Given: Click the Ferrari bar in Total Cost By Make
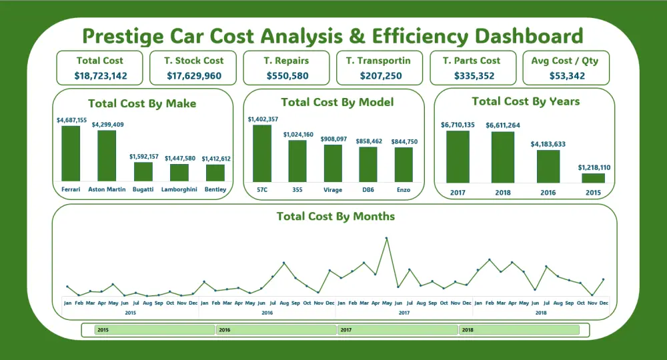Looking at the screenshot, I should pos(71,153).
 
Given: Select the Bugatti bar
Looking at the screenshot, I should pos(143,171).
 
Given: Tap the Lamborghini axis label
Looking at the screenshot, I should pos(179,189).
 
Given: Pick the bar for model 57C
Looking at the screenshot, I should pos(262,153).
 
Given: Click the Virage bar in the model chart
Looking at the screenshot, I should pos(333,163).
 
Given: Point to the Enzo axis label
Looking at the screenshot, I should pos(404,190).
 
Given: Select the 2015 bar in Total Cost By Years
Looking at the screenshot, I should pos(594,178).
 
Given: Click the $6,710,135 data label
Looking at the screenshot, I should pos(458,125).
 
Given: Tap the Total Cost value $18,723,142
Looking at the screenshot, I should pos(100,76).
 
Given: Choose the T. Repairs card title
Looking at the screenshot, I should pos(287,61).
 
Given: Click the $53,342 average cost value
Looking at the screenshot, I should pos(567,76).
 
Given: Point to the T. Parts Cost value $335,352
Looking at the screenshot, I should pos(474,76).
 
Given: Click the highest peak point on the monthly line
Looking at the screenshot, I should pos(386,238).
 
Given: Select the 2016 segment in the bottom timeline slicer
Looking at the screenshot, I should pos(276,329).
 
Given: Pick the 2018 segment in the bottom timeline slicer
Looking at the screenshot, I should pos(523,329).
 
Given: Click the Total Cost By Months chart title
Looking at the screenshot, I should pos(336,217).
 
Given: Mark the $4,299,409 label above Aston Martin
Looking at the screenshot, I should pos(107,125).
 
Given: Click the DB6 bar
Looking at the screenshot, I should pos(368,164).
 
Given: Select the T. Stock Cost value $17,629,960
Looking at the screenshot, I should pos(193,76).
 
